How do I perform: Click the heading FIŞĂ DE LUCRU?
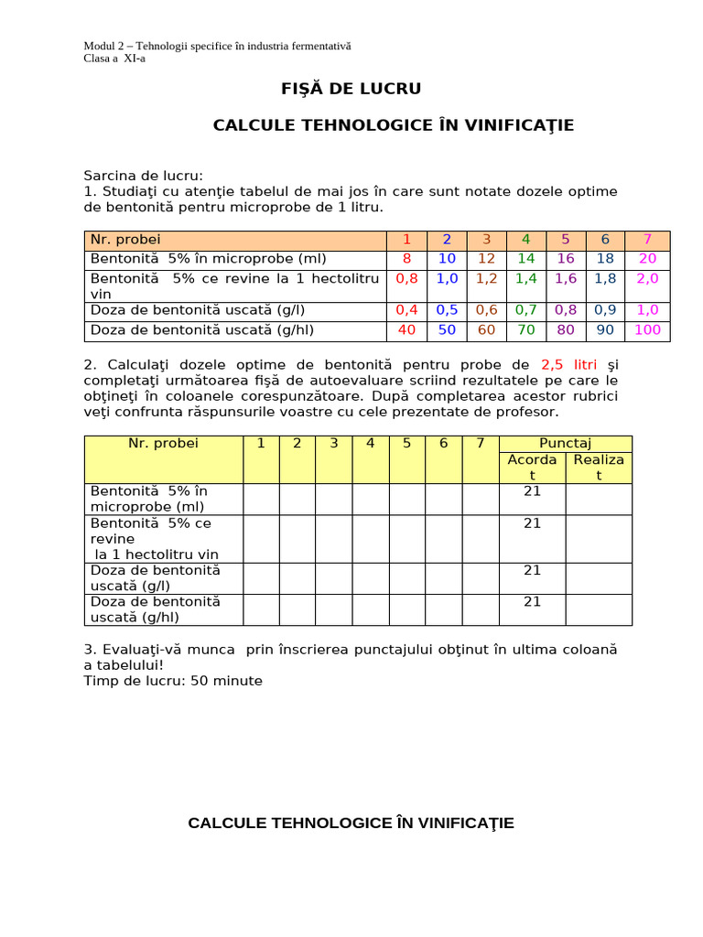tap(351, 89)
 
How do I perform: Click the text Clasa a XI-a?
tap(114, 59)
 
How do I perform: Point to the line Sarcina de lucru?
tap(144, 175)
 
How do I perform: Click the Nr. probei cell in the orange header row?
tap(125, 240)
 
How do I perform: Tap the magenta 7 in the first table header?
tap(647, 240)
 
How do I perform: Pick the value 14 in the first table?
tap(526, 259)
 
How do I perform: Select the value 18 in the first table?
tap(605, 259)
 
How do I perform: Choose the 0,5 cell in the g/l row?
tap(447, 310)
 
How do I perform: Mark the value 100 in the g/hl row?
tap(647, 329)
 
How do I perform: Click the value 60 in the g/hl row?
tap(486, 329)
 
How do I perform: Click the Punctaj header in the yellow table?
tap(565, 443)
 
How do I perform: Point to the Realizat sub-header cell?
tap(599, 467)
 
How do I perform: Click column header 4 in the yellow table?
tap(370, 443)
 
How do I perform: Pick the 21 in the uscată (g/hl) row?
tap(532, 601)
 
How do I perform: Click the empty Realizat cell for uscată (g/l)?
tap(599, 577)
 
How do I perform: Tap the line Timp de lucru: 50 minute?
tap(173, 681)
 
